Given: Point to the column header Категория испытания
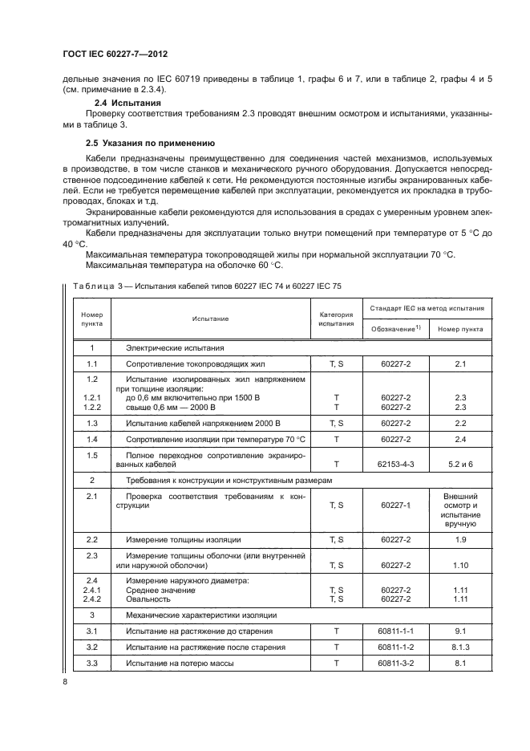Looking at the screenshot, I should pos(337,319).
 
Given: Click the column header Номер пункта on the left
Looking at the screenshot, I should pos(91,319).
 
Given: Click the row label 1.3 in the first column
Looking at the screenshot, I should pos(91,423).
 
